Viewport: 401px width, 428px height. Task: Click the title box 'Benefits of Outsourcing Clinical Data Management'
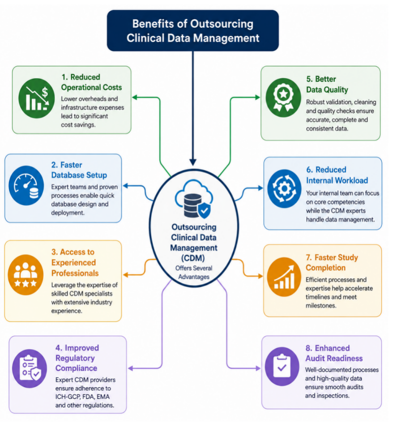click(193, 30)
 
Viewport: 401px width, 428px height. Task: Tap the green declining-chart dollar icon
click(37, 98)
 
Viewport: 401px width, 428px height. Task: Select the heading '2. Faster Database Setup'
click(79, 170)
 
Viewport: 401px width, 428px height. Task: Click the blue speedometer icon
click(26, 186)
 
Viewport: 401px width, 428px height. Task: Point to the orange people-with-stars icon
click(26, 274)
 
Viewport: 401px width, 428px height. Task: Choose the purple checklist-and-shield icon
click(30, 368)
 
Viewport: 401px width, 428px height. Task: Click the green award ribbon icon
click(283, 98)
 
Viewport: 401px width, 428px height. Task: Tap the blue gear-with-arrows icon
click(284, 188)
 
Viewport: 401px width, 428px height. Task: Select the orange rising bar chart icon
click(284, 277)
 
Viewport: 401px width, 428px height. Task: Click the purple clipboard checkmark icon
click(282, 366)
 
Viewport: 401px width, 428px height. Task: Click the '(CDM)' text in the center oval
click(193, 258)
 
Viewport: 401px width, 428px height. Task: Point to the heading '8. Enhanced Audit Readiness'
click(334, 353)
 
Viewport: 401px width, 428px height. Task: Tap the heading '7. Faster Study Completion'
click(332, 262)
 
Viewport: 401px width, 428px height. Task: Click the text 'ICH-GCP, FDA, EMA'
click(82, 397)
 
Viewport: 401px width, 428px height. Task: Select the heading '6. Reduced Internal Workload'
click(337, 175)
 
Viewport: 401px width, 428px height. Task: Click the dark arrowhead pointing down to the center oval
click(193, 162)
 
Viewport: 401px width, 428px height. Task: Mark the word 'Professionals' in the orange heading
click(75, 273)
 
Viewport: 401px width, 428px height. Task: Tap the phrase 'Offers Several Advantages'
click(194, 272)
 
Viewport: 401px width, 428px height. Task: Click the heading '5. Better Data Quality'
click(327, 84)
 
